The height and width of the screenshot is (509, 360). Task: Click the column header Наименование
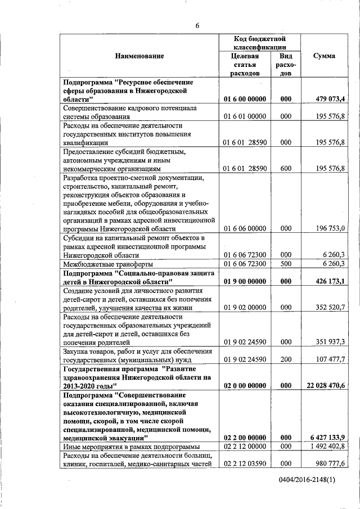(139, 56)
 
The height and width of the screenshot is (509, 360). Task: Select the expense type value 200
(286, 359)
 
